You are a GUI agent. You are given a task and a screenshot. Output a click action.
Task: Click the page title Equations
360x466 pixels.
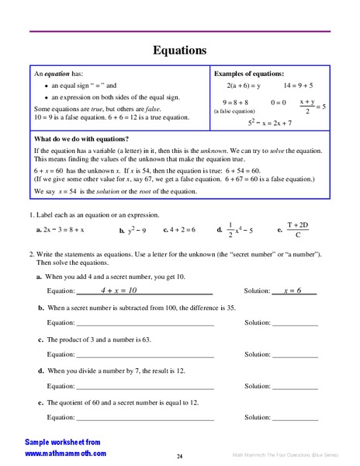(x=179, y=51)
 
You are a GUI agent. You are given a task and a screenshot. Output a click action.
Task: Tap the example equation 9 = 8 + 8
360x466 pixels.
(x=235, y=103)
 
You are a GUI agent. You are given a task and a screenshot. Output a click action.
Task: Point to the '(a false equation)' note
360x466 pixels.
(x=235, y=112)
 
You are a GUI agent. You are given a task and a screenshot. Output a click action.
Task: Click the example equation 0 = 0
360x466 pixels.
(x=279, y=103)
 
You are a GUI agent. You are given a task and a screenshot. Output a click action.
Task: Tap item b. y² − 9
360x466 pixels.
(x=133, y=231)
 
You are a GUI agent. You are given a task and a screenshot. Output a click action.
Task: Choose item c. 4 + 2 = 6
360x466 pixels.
(x=180, y=231)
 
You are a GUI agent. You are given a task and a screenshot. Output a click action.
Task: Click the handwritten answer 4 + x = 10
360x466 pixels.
(x=119, y=290)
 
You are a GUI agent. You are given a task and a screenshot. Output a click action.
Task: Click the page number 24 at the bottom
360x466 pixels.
(x=179, y=456)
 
